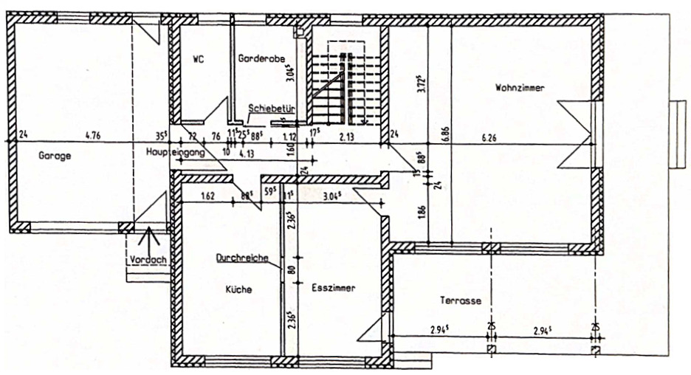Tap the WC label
click(x=197, y=58)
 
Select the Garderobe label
click(x=257, y=58)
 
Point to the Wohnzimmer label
click(x=520, y=88)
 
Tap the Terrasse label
click(x=461, y=301)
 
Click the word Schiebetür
click(x=272, y=108)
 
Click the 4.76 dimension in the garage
click(x=93, y=135)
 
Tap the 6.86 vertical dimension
click(x=445, y=134)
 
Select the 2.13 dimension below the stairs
click(x=348, y=136)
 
